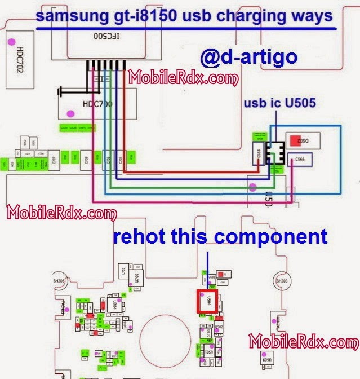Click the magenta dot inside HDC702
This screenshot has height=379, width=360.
click(12, 41)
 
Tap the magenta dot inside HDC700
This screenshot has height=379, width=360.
click(70, 113)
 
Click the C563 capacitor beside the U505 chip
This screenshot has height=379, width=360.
click(259, 152)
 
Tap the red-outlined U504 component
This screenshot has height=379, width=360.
click(205, 301)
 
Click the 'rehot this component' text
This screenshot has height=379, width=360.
click(220, 236)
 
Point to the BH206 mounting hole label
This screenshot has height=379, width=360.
click(59, 281)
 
